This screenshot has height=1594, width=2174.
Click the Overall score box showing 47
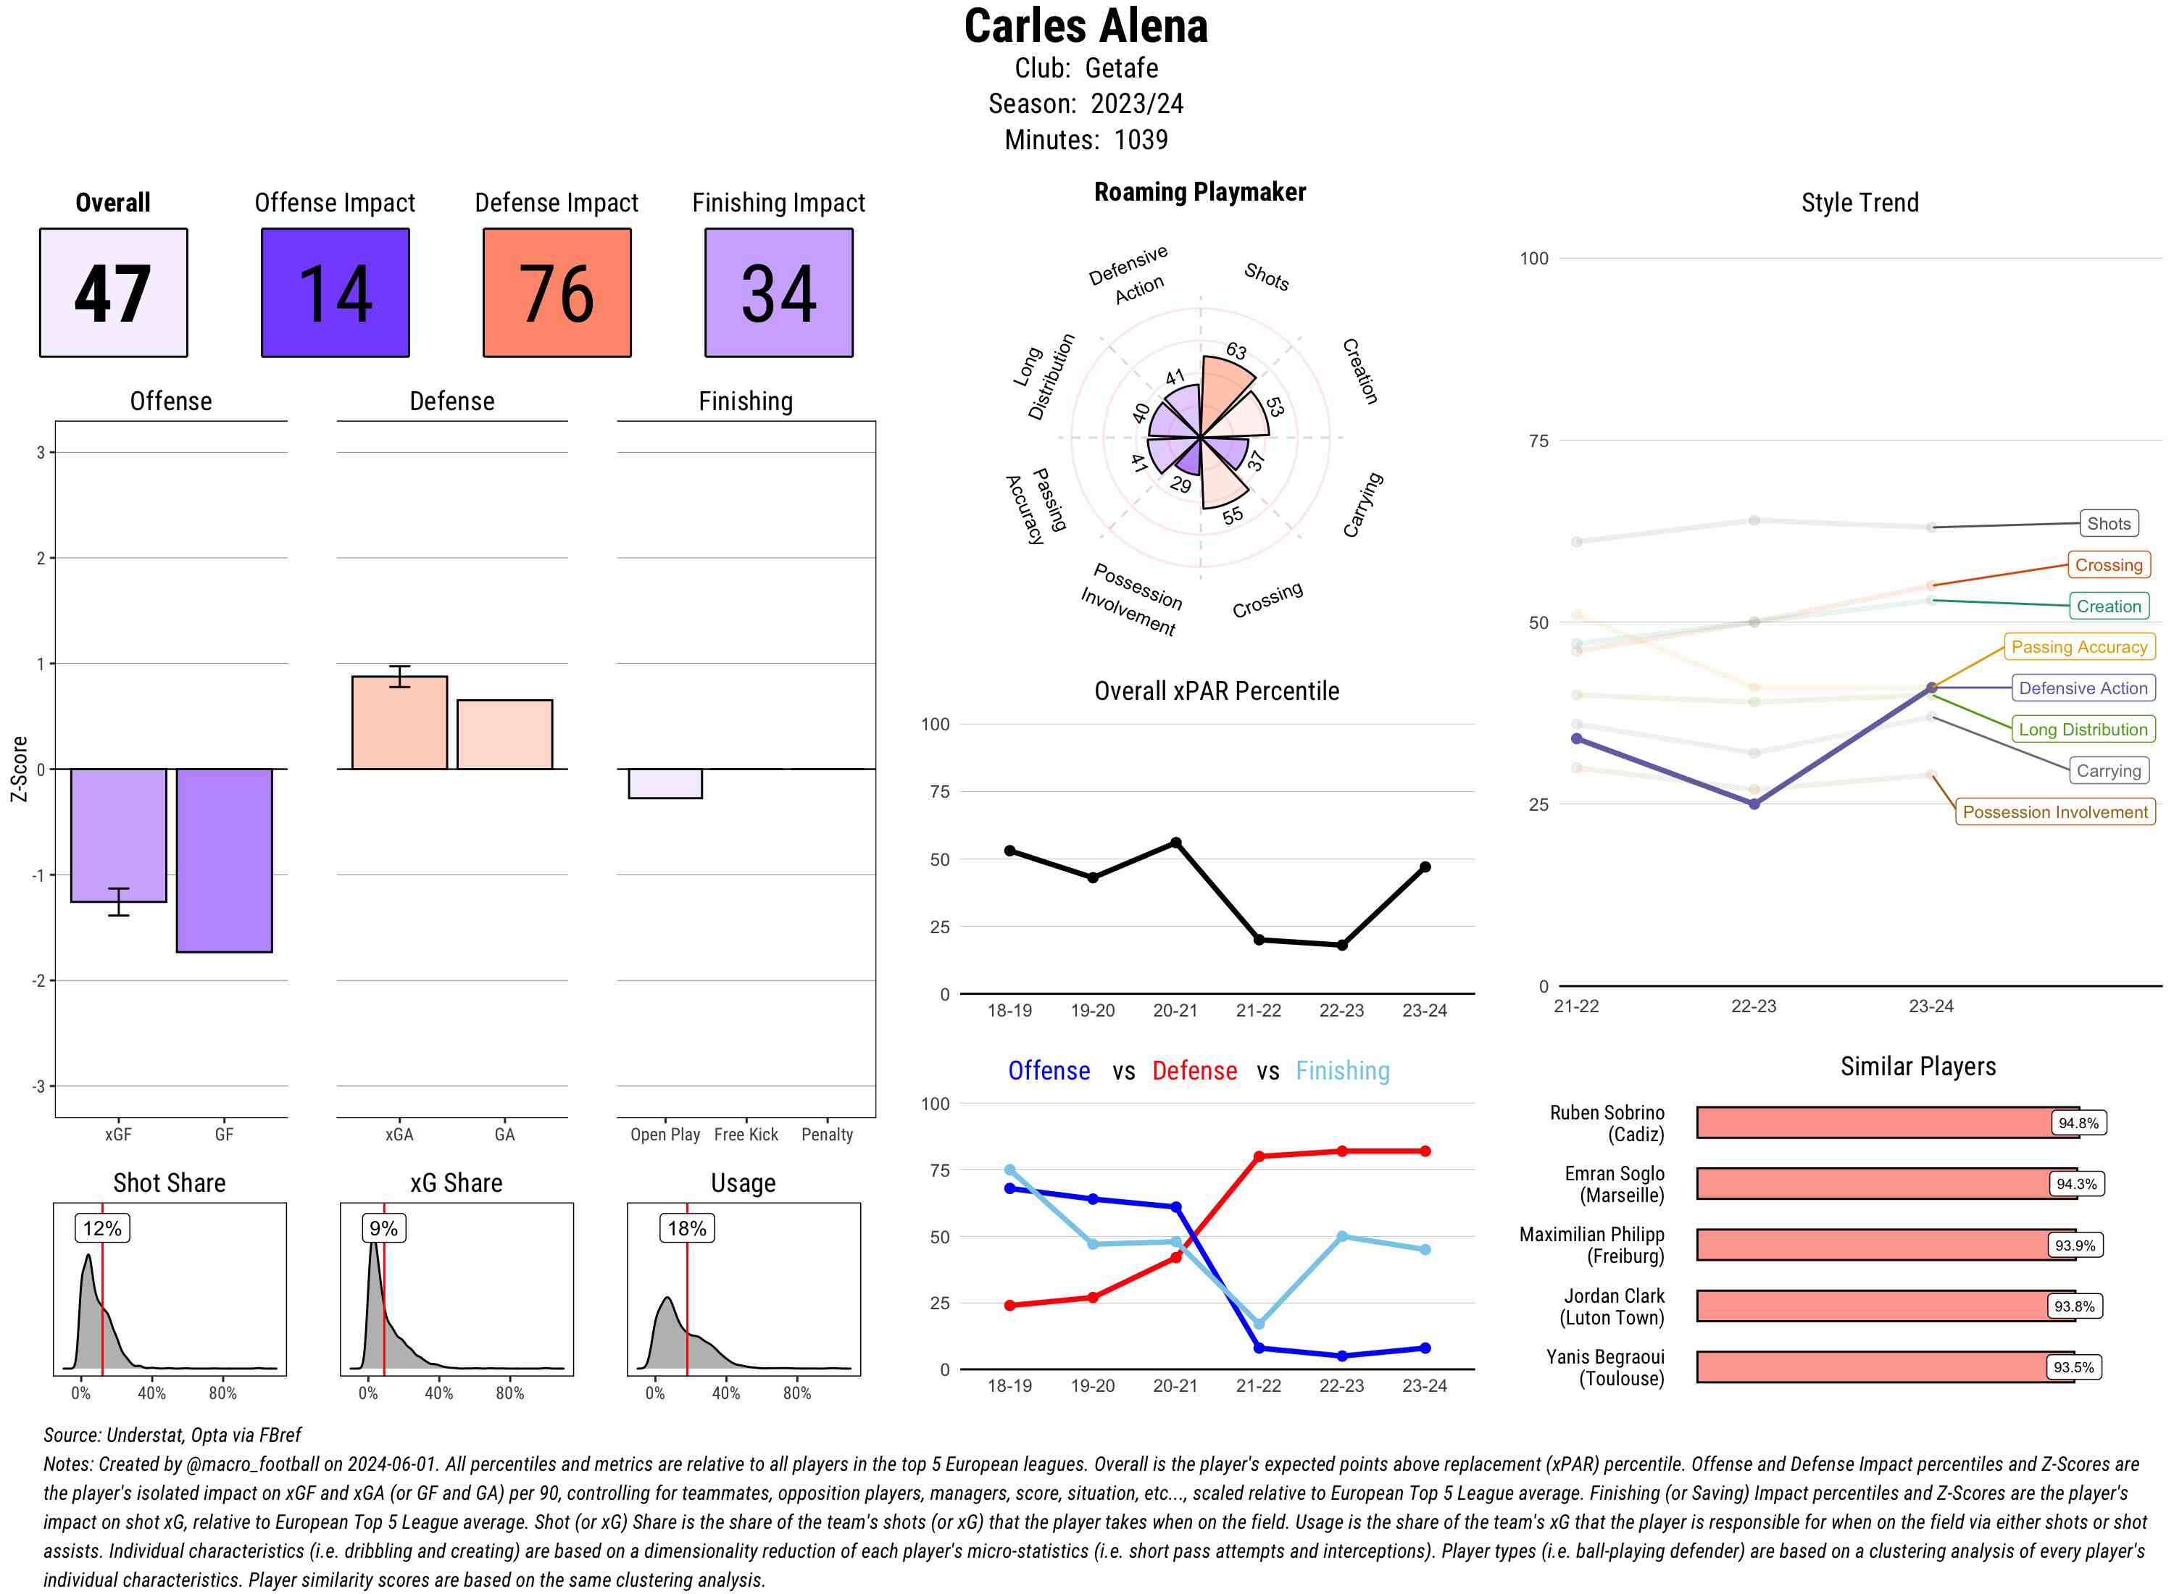[113, 293]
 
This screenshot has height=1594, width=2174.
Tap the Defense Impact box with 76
[557, 293]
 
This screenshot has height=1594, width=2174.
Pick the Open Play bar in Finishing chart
[665, 783]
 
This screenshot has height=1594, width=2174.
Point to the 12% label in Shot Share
[102, 1228]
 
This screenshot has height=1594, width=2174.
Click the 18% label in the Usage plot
[687, 1228]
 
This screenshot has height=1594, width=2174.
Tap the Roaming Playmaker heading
[1199, 192]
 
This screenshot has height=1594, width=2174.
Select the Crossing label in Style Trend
[2108, 565]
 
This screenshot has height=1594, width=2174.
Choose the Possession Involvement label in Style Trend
[2054, 812]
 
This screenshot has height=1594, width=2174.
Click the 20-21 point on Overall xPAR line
[1175, 843]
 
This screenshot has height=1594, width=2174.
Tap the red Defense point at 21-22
[1258, 1156]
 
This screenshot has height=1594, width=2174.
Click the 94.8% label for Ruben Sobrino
[2078, 1123]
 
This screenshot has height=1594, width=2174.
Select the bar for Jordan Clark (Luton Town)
[1872, 1306]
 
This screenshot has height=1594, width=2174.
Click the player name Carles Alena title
[1086, 26]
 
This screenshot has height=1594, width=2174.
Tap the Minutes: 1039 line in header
[1086, 140]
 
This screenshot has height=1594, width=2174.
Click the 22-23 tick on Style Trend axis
[1753, 1006]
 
